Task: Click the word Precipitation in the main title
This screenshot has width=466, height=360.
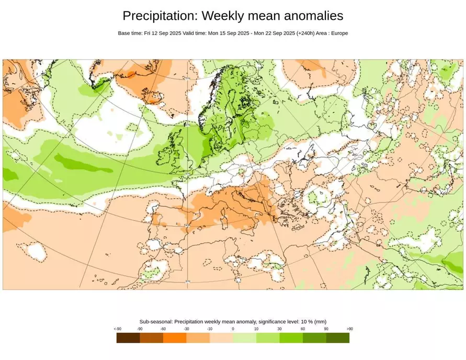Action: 157,16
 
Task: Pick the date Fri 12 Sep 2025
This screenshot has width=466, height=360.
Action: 163,33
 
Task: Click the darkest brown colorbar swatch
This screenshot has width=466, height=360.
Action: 128,338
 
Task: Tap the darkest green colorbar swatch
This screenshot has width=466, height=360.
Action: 338,338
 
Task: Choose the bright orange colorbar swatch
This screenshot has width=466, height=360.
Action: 175,338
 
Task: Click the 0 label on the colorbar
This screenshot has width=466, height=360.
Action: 233,329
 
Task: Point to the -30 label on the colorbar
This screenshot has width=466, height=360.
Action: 186,329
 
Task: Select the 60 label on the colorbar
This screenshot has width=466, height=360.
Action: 303,329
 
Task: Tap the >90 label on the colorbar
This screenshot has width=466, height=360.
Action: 349,329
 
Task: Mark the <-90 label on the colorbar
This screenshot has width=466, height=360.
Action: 117,329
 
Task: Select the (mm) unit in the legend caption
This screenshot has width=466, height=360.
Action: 321,321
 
